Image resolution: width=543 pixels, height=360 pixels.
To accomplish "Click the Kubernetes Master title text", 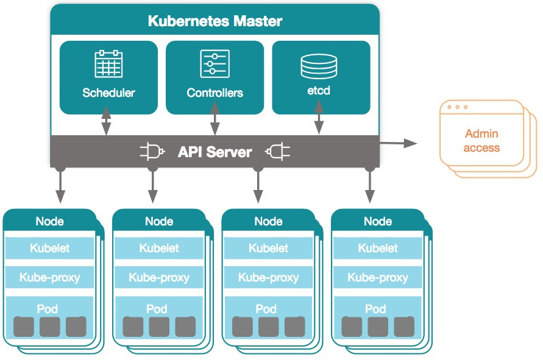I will pyautogui.click(x=215, y=21).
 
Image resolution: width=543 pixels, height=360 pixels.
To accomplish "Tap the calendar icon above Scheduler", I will pyautogui.click(x=108, y=64).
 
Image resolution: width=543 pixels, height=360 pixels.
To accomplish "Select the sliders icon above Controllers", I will pyautogui.click(x=215, y=63).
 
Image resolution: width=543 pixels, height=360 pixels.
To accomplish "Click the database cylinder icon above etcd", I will pyautogui.click(x=319, y=66).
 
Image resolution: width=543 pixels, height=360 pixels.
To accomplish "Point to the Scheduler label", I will pyautogui.click(x=108, y=93).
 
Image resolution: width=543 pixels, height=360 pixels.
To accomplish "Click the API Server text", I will pyautogui.click(x=215, y=152).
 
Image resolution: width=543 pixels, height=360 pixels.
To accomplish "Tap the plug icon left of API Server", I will pyautogui.click(x=153, y=151).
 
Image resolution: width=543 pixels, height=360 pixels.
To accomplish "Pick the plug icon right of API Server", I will pyautogui.click(x=277, y=151).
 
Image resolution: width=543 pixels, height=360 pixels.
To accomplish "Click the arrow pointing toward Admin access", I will pyautogui.click(x=399, y=143).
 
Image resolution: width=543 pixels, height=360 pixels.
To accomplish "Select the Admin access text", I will pyautogui.click(x=481, y=141).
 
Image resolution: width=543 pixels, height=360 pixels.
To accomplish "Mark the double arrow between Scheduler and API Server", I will pyautogui.click(x=106, y=121).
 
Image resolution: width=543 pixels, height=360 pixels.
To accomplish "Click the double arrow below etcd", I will pyautogui.click(x=318, y=121).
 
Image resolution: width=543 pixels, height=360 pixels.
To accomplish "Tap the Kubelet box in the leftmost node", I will pyautogui.click(x=49, y=248).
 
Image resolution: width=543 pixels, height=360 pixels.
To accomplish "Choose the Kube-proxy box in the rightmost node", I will pyautogui.click(x=377, y=277).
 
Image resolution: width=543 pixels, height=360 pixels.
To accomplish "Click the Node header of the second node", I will pyautogui.click(x=158, y=221).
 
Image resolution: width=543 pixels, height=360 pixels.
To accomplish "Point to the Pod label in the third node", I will pyautogui.click(x=266, y=309).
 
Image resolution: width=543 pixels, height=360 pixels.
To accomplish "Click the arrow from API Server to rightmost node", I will pyautogui.click(x=368, y=185).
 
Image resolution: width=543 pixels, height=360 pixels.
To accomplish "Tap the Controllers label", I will pyautogui.click(x=215, y=93).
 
